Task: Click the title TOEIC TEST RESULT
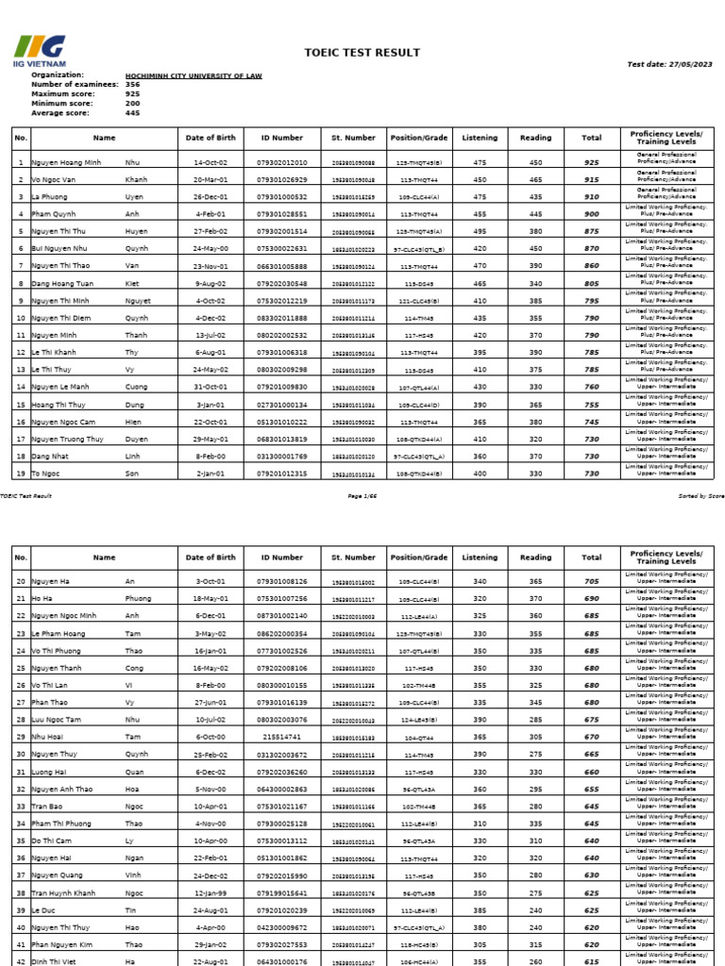coord(362,53)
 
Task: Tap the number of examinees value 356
coord(132,84)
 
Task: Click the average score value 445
coord(132,112)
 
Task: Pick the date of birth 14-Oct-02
coord(211,162)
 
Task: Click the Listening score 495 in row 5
coord(480,230)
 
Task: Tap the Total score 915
coord(591,179)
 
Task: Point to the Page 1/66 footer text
coord(362,495)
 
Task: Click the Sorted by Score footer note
coord(700,495)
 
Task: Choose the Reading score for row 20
coord(535,582)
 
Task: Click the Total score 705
coord(591,582)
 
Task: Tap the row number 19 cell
coord(20,473)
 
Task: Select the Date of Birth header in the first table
coord(211,137)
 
